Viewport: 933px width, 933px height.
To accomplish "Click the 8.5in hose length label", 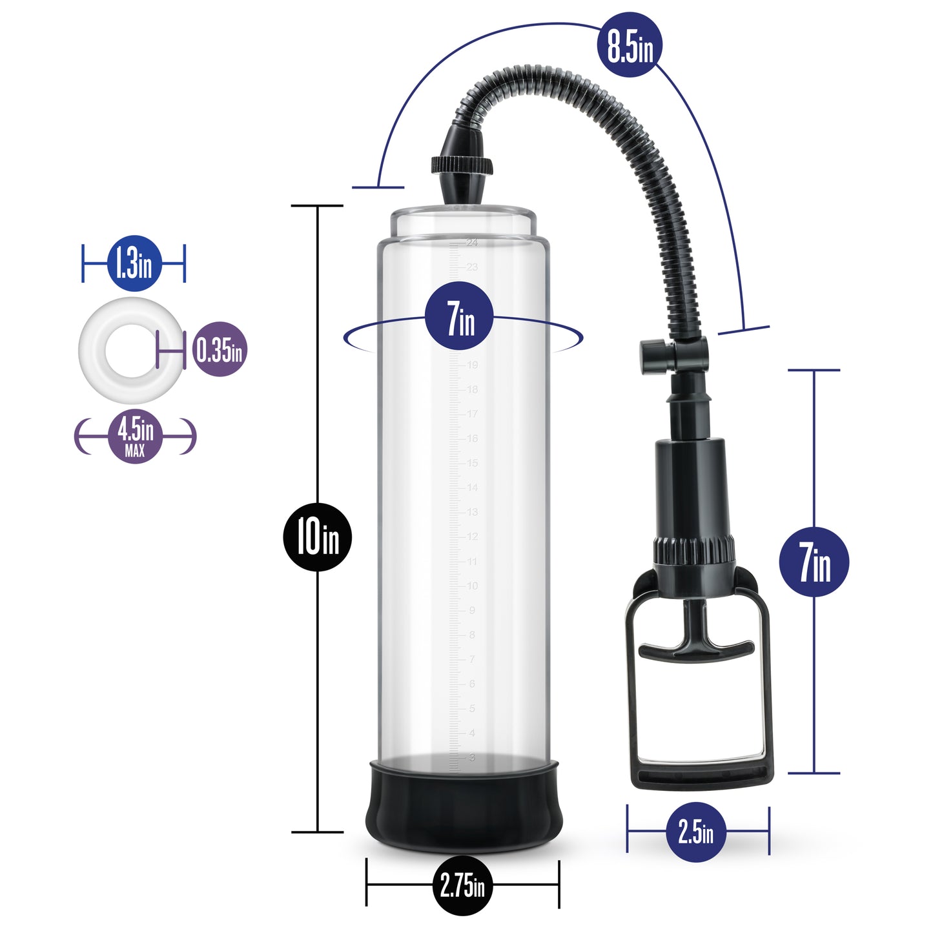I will click(x=630, y=45).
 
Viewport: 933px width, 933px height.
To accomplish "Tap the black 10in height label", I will click(x=318, y=537).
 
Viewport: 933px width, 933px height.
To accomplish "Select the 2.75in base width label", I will click(x=462, y=885).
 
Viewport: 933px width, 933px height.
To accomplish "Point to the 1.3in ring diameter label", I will click(x=134, y=263).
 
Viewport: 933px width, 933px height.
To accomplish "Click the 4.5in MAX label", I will click(x=136, y=436).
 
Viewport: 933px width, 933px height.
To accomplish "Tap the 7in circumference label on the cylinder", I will click(x=459, y=320).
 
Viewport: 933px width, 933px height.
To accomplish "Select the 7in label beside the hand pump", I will click(x=814, y=562).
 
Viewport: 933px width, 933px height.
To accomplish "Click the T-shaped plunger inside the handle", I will click(x=696, y=646).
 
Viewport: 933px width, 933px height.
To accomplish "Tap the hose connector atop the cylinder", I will click(x=462, y=168).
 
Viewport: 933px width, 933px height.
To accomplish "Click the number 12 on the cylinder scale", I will click(x=473, y=537).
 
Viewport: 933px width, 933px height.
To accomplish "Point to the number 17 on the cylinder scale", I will click(x=473, y=414).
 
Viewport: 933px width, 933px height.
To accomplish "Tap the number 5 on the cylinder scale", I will click(x=472, y=708).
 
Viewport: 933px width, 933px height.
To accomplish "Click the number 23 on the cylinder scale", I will click(x=472, y=267).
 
